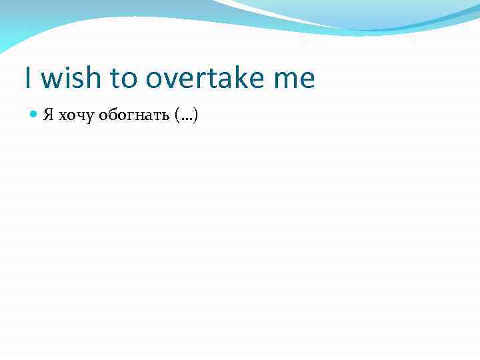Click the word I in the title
(x=28, y=78)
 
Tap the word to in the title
(x=123, y=79)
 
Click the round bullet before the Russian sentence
(x=34, y=115)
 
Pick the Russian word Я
(x=48, y=115)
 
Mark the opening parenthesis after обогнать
(x=177, y=116)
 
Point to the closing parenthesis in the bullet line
(x=196, y=116)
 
